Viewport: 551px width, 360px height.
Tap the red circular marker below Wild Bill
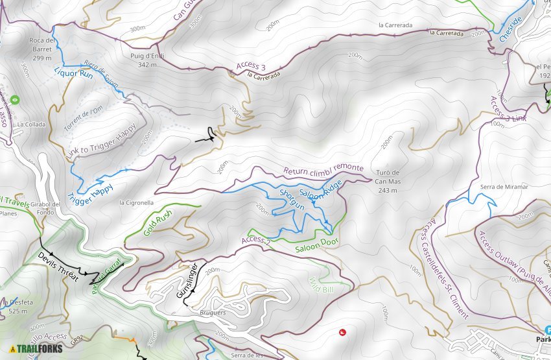(x=342, y=333)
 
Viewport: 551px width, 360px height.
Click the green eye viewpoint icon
(x=14, y=101)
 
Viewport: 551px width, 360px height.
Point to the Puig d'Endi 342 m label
(x=148, y=60)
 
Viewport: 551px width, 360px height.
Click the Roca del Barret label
(x=41, y=49)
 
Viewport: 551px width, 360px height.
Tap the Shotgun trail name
(x=291, y=199)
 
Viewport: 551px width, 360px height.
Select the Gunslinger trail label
(x=187, y=280)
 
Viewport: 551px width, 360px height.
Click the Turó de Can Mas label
(x=388, y=177)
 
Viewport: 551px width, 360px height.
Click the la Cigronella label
(x=136, y=202)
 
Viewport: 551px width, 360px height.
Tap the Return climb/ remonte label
(x=323, y=170)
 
